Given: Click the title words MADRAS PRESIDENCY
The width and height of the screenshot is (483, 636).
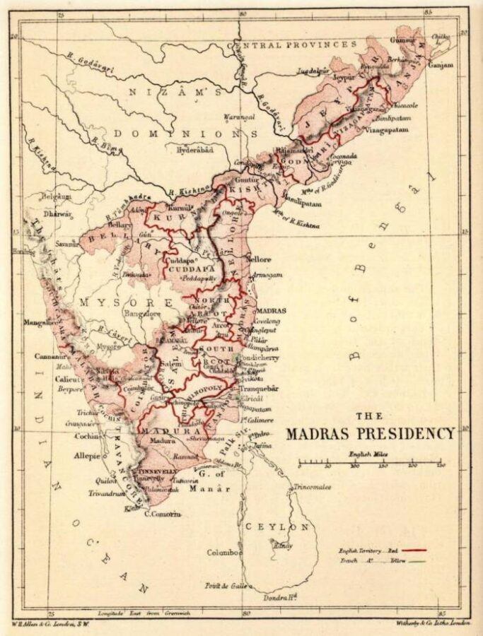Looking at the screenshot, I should (x=370, y=433).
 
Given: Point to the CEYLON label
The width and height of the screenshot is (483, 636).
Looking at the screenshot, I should (x=277, y=526).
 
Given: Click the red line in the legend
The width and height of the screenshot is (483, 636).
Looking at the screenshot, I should (x=415, y=548).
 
